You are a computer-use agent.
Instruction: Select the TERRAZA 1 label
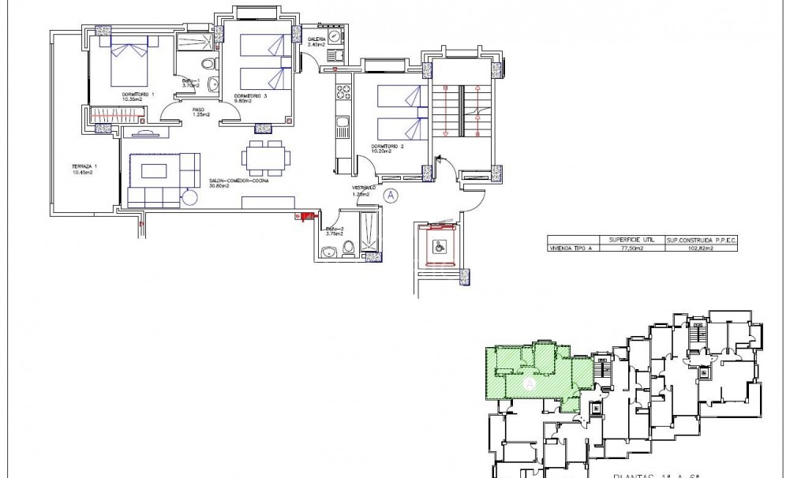pos(83,170)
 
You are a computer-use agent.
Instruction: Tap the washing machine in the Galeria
pos(335,37)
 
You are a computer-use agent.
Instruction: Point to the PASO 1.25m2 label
pos(201,112)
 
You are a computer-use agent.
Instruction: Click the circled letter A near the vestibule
pos(391,195)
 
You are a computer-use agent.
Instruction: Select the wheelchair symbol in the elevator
pos(437,245)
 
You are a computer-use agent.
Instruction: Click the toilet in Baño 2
pos(348,251)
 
